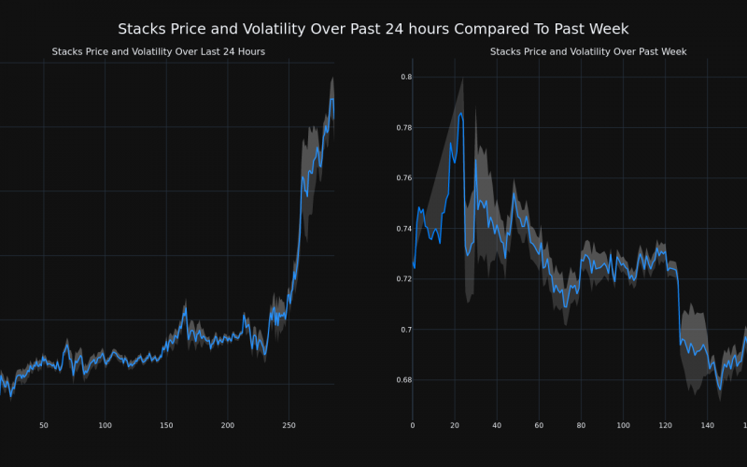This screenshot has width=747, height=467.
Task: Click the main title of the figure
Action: (373, 29)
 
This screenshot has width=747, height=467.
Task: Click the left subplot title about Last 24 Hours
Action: (159, 51)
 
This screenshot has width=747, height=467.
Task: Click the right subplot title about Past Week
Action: (588, 51)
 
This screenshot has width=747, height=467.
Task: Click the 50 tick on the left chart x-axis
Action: (44, 426)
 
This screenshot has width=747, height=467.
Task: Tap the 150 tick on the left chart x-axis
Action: (166, 426)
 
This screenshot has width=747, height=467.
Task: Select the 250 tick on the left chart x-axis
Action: (289, 426)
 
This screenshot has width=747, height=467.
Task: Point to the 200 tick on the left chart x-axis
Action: (228, 426)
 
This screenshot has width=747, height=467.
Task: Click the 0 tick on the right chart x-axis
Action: (413, 426)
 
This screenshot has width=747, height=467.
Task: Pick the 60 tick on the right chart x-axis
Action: (539, 426)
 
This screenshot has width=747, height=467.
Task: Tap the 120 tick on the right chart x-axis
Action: (665, 426)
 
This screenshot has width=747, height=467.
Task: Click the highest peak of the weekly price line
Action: (461, 114)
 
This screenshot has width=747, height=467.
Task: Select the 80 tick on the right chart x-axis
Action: (581, 426)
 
